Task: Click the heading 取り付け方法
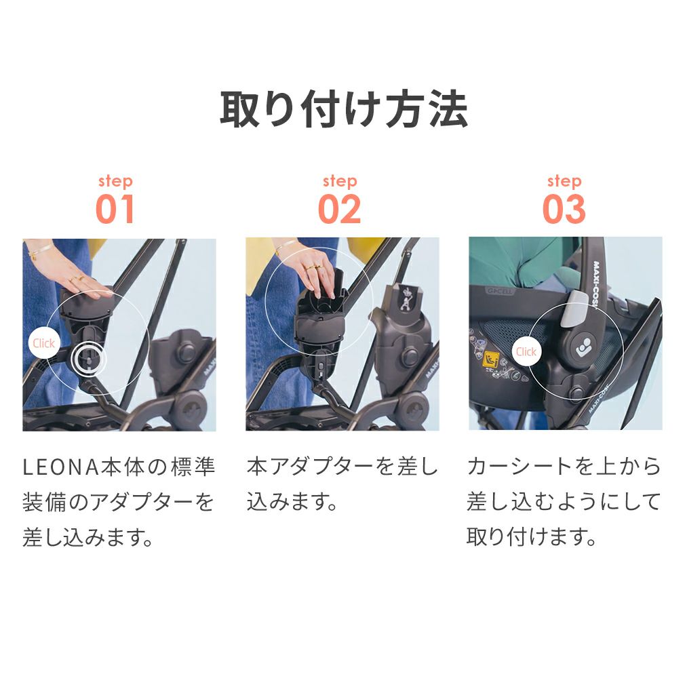pyautogui.click(x=343, y=109)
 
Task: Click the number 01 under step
pyautogui.click(x=115, y=210)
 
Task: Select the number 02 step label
pyautogui.click(x=339, y=210)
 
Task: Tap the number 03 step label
pyautogui.click(x=564, y=210)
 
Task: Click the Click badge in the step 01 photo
pyautogui.click(x=43, y=343)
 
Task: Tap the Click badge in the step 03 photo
pyautogui.click(x=526, y=352)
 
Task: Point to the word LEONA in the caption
pyautogui.click(x=61, y=467)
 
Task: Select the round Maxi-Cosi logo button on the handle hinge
pyautogui.click(x=583, y=347)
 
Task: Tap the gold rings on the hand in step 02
pyautogui.click(x=314, y=267)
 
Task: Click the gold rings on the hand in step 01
pyautogui.click(x=76, y=278)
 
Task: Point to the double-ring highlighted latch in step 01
pyautogui.click(x=89, y=359)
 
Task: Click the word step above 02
pyautogui.click(x=340, y=181)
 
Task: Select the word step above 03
pyautogui.click(x=564, y=181)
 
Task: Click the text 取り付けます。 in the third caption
pyautogui.click(x=531, y=537)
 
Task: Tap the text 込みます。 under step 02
pyautogui.click(x=292, y=501)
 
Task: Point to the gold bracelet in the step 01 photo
pyautogui.click(x=39, y=250)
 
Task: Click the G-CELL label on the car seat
pyautogui.click(x=501, y=290)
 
